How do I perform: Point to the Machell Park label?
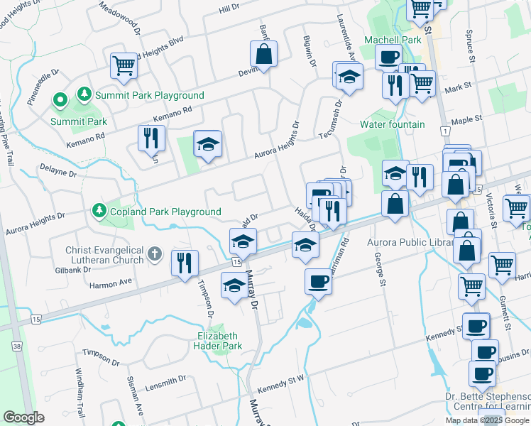pos(393,40)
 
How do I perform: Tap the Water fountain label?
pos(392,124)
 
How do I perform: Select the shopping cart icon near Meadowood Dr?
pos(124,66)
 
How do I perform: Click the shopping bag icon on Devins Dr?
pos(263,54)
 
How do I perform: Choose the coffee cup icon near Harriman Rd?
pos(317,282)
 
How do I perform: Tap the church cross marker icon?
pos(155,254)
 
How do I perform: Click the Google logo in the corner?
pos(23,417)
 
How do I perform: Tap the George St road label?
pos(379,271)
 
